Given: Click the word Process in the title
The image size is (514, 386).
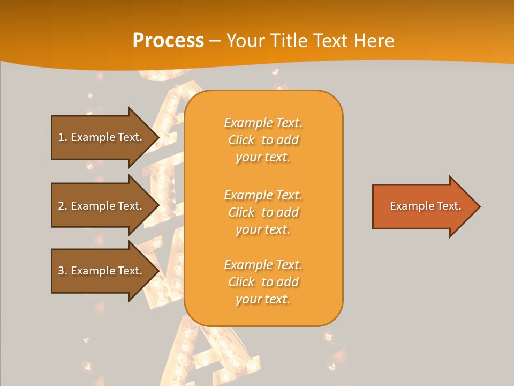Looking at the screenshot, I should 168,41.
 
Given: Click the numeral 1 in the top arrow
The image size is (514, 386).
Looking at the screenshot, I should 61,137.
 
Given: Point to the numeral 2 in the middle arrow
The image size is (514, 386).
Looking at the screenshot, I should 61,206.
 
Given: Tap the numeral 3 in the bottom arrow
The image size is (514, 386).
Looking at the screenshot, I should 61,271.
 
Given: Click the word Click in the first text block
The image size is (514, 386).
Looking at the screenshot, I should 241,140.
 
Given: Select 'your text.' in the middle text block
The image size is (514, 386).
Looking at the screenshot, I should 263,229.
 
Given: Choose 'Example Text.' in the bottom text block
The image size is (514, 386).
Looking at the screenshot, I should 263,265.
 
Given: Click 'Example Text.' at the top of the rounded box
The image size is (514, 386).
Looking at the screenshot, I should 263,123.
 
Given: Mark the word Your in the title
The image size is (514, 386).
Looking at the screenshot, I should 245,41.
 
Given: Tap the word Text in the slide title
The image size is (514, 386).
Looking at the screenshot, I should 330,41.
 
